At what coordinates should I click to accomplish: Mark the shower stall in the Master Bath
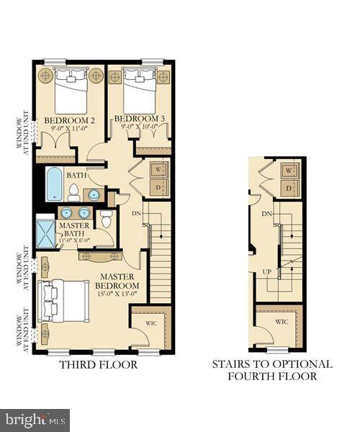click(46, 232)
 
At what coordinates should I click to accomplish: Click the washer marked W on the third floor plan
click(160, 170)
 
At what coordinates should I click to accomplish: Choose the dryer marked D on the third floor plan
click(160, 187)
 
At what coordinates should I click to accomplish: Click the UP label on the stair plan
click(266, 272)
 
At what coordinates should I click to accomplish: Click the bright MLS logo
click(35, 417)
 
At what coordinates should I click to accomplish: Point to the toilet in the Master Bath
click(107, 219)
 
